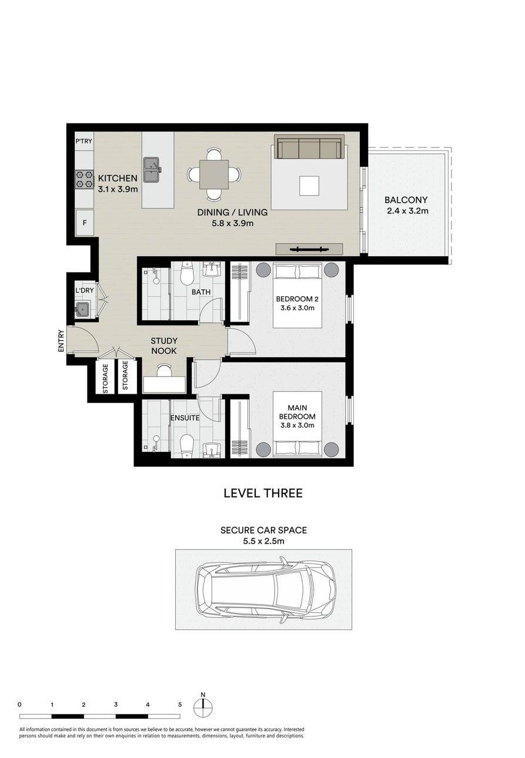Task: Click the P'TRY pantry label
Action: (83, 141)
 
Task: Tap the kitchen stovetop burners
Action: (84, 179)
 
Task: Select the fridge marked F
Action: (85, 223)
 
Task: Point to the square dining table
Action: (214, 175)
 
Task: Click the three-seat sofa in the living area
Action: (309, 147)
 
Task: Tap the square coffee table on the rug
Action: (309, 186)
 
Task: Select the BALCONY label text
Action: (406, 200)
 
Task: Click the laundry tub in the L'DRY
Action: (82, 309)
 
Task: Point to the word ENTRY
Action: (61, 341)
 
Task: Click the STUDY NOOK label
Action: (164, 346)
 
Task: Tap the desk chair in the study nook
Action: (165, 370)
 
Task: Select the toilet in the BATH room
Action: (186, 273)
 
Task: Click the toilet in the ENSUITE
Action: (186, 445)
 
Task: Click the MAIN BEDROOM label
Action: (297, 412)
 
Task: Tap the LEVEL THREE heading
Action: (263, 493)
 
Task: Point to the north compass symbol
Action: (203, 707)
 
